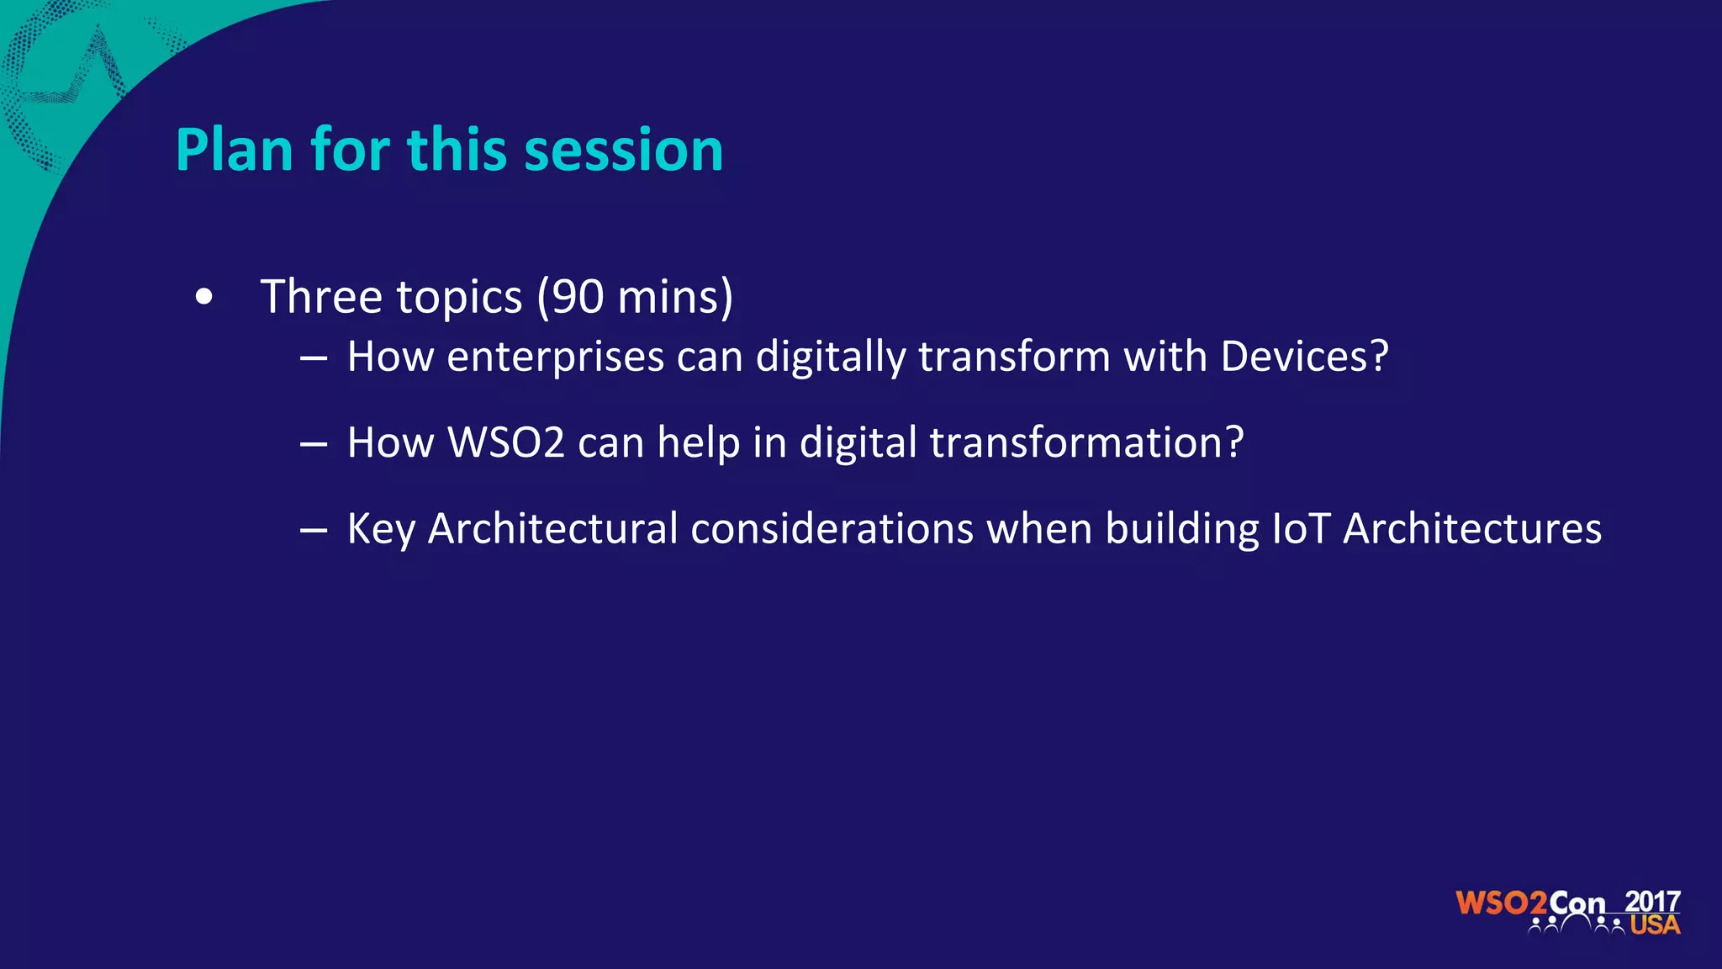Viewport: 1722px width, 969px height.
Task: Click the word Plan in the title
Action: pyautogui.click(x=234, y=150)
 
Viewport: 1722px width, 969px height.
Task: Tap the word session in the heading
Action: pyautogui.click(x=623, y=150)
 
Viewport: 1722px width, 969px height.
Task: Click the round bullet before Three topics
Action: pyautogui.click(x=203, y=297)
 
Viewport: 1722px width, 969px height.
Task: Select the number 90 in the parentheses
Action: pyautogui.click(x=578, y=297)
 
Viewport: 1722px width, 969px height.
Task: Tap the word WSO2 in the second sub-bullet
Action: pyautogui.click(x=505, y=442)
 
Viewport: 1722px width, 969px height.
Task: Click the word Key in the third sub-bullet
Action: pyautogui.click(x=381, y=529)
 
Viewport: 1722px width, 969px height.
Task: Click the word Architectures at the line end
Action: pyautogui.click(x=1471, y=529)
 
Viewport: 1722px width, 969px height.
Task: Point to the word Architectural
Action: pyautogui.click(x=552, y=529)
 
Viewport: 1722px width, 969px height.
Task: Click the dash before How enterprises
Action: pyautogui.click(x=313, y=358)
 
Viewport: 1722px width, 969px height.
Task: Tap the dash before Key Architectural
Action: pyautogui.click(x=313, y=531)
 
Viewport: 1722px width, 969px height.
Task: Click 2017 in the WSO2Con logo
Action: pyautogui.click(x=1652, y=901)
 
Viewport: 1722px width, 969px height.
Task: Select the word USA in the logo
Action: pyautogui.click(x=1654, y=925)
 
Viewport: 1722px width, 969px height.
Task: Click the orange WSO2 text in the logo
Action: pyautogui.click(x=1501, y=903)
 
